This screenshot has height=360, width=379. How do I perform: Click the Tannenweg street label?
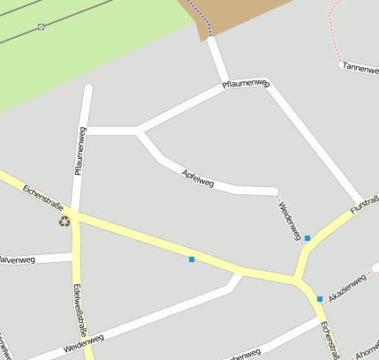pos(359,65)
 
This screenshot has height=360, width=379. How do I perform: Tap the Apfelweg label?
pos(197,177)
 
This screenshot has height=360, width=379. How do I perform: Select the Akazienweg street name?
pos(346,287)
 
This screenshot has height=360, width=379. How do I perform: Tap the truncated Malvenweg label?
pos(17,260)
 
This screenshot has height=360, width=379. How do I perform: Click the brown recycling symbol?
pos(64,221)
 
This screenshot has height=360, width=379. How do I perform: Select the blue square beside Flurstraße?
pos(307,238)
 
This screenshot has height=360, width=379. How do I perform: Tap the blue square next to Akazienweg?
pos(320,299)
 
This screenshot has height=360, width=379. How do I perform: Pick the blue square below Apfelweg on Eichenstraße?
pos(192,259)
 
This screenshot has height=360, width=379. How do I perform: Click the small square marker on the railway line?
pos(42,27)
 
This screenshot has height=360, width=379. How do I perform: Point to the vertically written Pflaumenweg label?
pos(80,150)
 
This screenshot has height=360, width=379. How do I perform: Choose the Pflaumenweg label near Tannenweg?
pos(246,84)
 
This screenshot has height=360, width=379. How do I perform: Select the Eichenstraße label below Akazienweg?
pos(330,340)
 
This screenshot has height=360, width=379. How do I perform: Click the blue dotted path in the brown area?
pos(205,19)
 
